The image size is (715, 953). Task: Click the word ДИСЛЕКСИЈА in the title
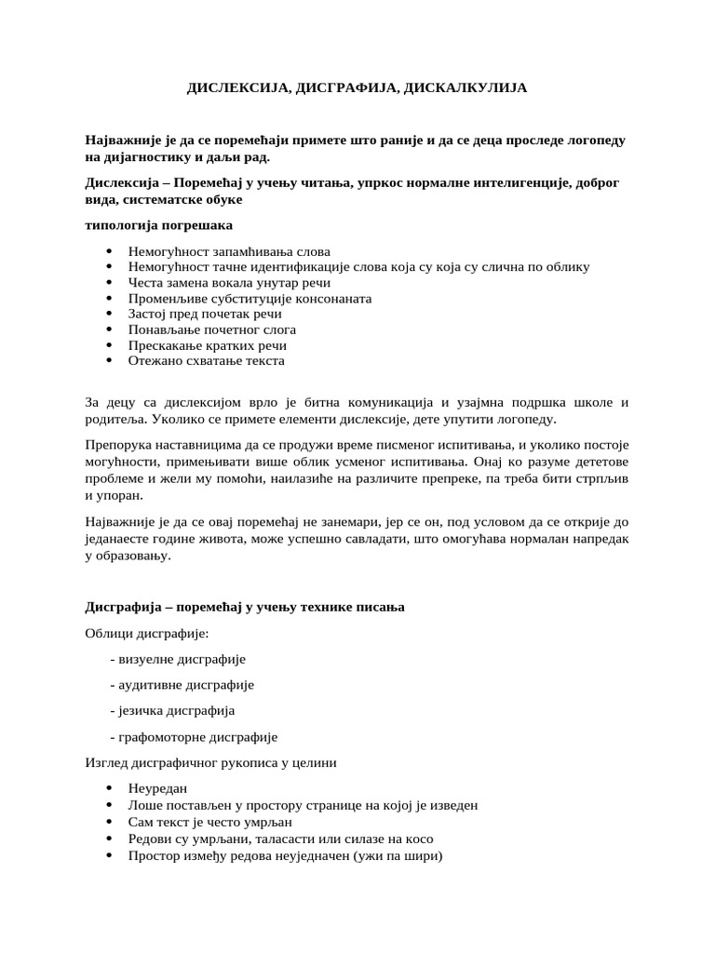coord(233,87)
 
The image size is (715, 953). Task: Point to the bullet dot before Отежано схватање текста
coord(109,360)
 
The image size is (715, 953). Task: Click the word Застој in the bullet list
coord(149,314)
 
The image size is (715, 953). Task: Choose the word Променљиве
coord(167,299)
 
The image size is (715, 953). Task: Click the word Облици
coord(108,634)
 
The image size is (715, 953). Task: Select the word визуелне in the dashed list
coord(146,659)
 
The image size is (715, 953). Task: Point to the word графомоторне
coord(163,737)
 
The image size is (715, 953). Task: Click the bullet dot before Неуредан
coord(109,789)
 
